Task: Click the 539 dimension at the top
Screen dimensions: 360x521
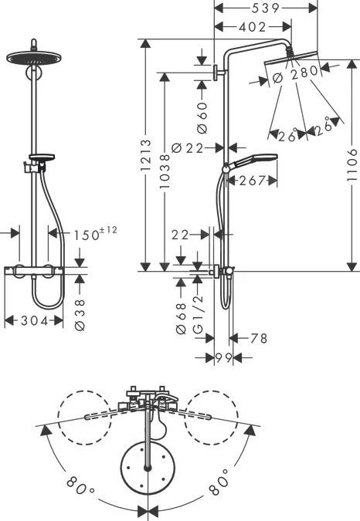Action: click(265, 8)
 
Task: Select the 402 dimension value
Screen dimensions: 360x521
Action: click(253, 27)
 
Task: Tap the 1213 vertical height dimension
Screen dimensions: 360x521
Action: click(145, 155)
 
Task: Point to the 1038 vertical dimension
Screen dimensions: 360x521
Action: click(165, 171)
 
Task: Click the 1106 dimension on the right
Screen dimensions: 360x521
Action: click(352, 165)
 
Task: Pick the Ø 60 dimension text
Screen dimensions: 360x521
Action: click(202, 117)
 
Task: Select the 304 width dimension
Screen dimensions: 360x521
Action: click(35, 321)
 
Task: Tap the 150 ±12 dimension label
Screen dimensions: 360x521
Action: click(95, 233)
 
